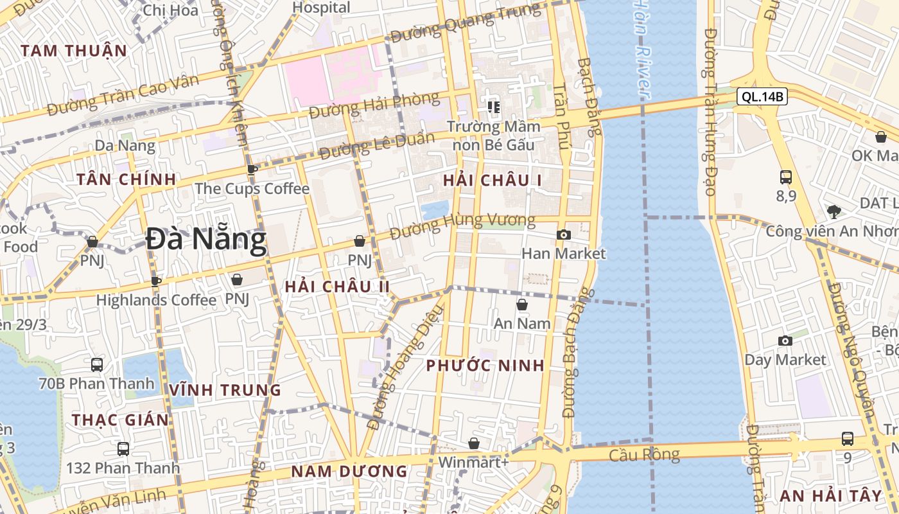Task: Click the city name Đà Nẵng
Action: pos(205,240)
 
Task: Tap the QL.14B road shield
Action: pos(762,97)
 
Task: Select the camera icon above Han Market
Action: pos(563,235)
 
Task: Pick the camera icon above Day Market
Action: pos(785,341)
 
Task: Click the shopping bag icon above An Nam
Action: pos(522,305)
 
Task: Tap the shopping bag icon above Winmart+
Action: pos(473,443)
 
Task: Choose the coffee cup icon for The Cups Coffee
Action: pos(252,170)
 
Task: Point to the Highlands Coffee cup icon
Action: pos(155,281)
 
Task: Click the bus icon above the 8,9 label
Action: pos(785,177)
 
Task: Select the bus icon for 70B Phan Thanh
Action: pos(97,365)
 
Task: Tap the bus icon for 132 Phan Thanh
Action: pos(123,449)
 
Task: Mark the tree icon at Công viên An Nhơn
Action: pos(834,211)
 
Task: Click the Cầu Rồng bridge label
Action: pos(644,455)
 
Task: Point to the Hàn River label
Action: pos(643,48)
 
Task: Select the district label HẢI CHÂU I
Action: pos(492,181)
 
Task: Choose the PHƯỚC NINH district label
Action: pos(485,366)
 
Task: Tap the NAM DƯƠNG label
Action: pos(349,471)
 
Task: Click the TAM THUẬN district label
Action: pos(73,51)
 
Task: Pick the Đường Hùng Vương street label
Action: pos(462,226)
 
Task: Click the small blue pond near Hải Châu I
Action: pos(436,209)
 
